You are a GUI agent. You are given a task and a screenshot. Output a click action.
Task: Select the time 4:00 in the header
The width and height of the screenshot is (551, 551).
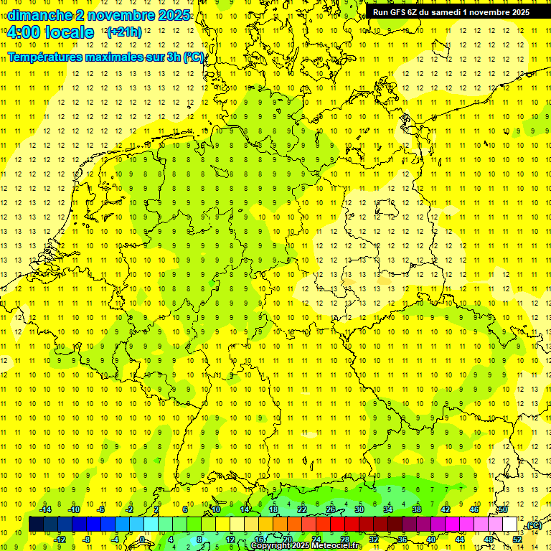pyautogui.click(x=22, y=32)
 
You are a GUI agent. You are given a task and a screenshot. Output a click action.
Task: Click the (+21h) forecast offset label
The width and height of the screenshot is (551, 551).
pyautogui.click(x=124, y=32)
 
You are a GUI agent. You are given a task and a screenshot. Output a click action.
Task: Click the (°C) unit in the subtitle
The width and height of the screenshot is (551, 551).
pyautogui.click(x=194, y=57)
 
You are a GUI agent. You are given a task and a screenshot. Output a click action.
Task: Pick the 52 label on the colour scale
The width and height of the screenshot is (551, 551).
pyautogui.click(x=517, y=540)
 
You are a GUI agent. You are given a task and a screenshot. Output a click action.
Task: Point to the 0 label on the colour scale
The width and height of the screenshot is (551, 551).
pyautogui.click(x=142, y=540)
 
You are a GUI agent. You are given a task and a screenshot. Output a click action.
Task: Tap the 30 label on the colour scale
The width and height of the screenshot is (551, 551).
pyautogui.click(x=359, y=509)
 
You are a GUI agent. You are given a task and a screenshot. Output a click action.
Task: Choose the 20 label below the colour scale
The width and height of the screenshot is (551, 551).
pyautogui.click(x=287, y=540)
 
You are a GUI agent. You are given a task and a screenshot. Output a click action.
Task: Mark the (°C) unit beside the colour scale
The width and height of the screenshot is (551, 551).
pyautogui.click(x=533, y=526)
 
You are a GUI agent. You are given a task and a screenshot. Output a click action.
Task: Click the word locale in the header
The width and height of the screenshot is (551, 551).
pyautogui.click(x=67, y=32)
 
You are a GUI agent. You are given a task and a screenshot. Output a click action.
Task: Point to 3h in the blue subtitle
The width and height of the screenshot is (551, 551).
pyautogui.click(x=169, y=57)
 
